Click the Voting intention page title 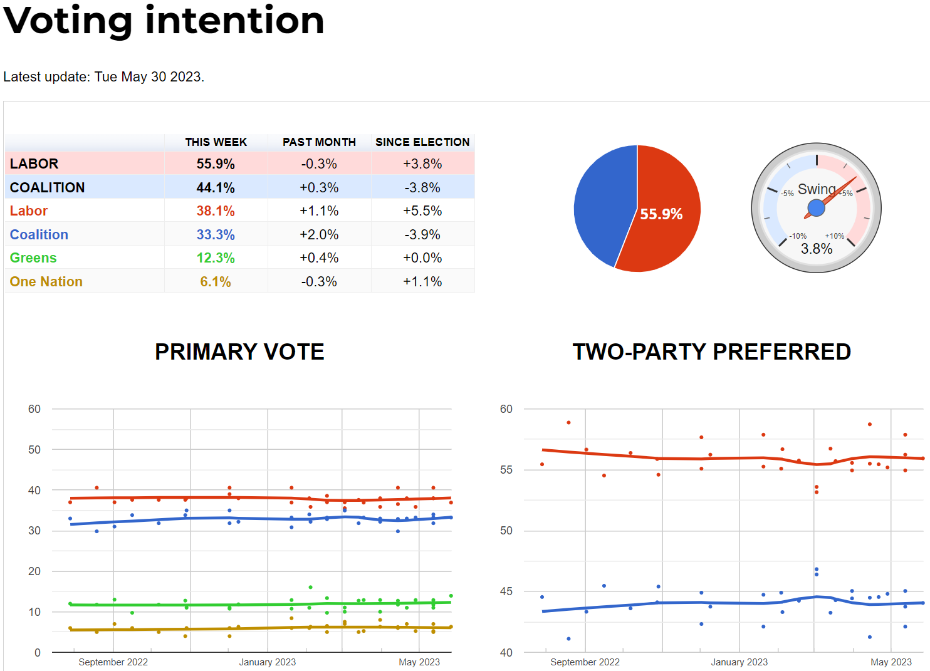[x=164, y=21]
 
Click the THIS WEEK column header [x=216, y=142]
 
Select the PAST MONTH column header [x=319, y=142]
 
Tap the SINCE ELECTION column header [x=422, y=142]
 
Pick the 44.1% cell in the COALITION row [x=216, y=187]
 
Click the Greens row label [x=33, y=258]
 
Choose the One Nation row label [x=46, y=282]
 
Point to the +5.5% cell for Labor [x=422, y=211]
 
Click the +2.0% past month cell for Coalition [x=319, y=235]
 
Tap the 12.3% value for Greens [x=216, y=258]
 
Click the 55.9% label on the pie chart [x=661, y=214]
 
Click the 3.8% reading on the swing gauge [x=817, y=249]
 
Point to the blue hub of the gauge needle [x=816, y=207]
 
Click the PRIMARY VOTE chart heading [x=239, y=352]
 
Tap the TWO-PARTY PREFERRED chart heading [x=711, y=352]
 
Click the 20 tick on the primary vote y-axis [x=34, y=571]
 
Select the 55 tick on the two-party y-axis [x=506, y=470]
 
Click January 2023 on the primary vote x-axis [x=268, y=662]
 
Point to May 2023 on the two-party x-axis [x=891, y=662]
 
